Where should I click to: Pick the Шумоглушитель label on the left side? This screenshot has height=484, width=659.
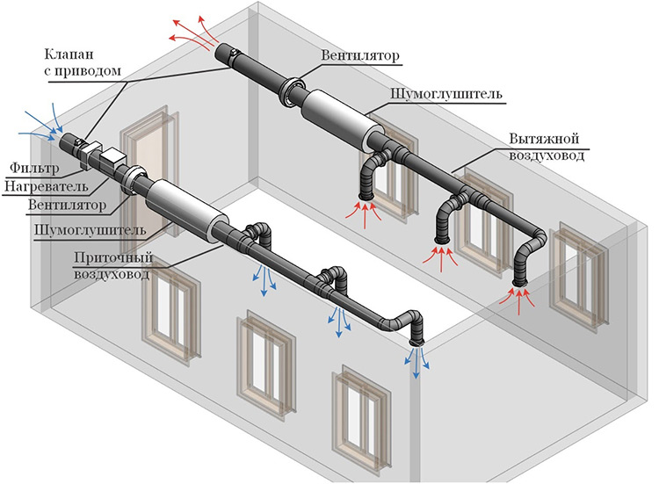pyautogui.click(x=75, y=230)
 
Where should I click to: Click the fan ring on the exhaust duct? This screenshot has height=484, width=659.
pyautogui.click(x=290, y=91)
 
